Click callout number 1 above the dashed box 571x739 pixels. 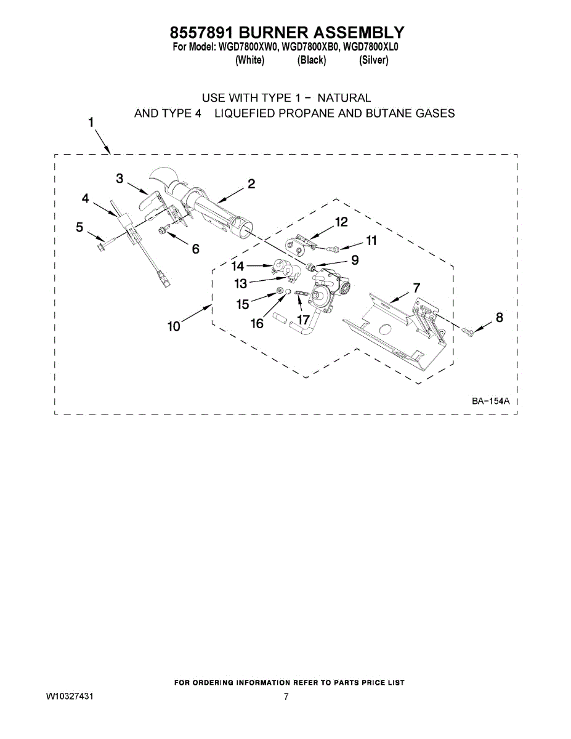click(91, 122)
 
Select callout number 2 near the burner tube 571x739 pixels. click(251, 184)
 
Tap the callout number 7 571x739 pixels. click(417, 287)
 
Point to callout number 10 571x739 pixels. click(174, 326)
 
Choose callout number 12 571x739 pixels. click(341, 222)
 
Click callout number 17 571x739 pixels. click(303, 320)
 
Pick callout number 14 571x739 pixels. click(238, 266)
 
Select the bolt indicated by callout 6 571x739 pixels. click(163, 230)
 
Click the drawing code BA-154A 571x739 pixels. click(491, 402)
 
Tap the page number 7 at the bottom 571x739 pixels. click(286, 697)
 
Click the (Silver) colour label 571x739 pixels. click(373, 60)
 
